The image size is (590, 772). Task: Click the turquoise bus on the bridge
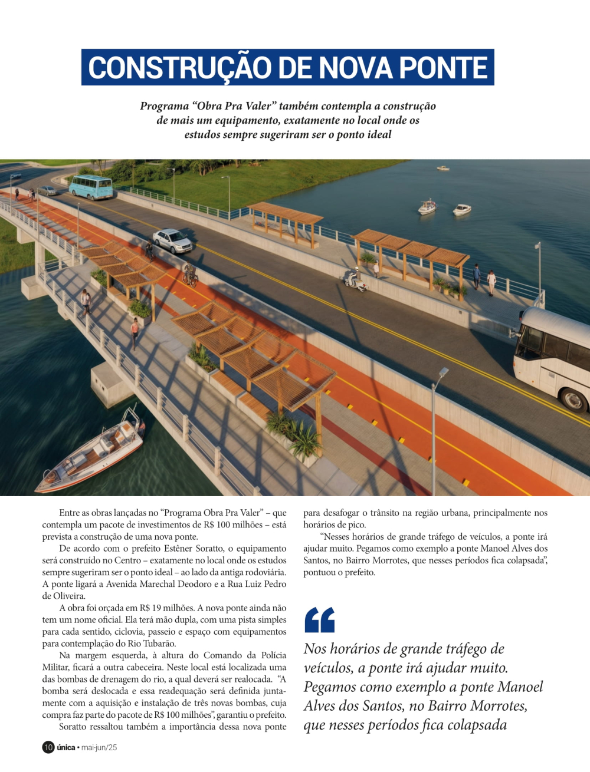click(91, 187)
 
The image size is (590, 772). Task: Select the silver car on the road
click(172, 240)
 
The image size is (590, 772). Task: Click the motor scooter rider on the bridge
click(355, 279)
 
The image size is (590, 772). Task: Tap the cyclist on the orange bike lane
click(189, 274)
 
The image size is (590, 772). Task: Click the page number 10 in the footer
click(48, 747)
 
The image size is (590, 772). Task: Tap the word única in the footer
click(66, 747)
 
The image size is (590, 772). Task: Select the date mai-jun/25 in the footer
click(99, 747)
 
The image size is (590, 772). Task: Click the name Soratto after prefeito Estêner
click(209, 549)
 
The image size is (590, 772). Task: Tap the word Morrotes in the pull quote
click(494, 705)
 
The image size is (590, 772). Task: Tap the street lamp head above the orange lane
click(443, 372)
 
